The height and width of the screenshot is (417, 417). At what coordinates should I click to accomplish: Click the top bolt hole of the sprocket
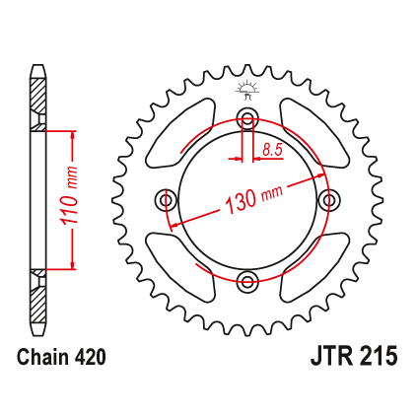(247, 118)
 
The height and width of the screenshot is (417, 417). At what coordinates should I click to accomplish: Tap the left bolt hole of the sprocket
(166, 199)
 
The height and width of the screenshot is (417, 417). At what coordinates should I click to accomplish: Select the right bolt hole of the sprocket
(329, 199)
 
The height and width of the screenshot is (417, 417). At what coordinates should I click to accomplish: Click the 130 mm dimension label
(253, 199)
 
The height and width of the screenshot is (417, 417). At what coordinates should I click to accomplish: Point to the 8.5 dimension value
(272, 150)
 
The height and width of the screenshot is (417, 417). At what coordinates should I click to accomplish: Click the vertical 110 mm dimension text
(70, 197)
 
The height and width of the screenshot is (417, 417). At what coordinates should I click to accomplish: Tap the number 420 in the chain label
(91, 357)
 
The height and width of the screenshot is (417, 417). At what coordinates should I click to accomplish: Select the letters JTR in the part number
(332, 356)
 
